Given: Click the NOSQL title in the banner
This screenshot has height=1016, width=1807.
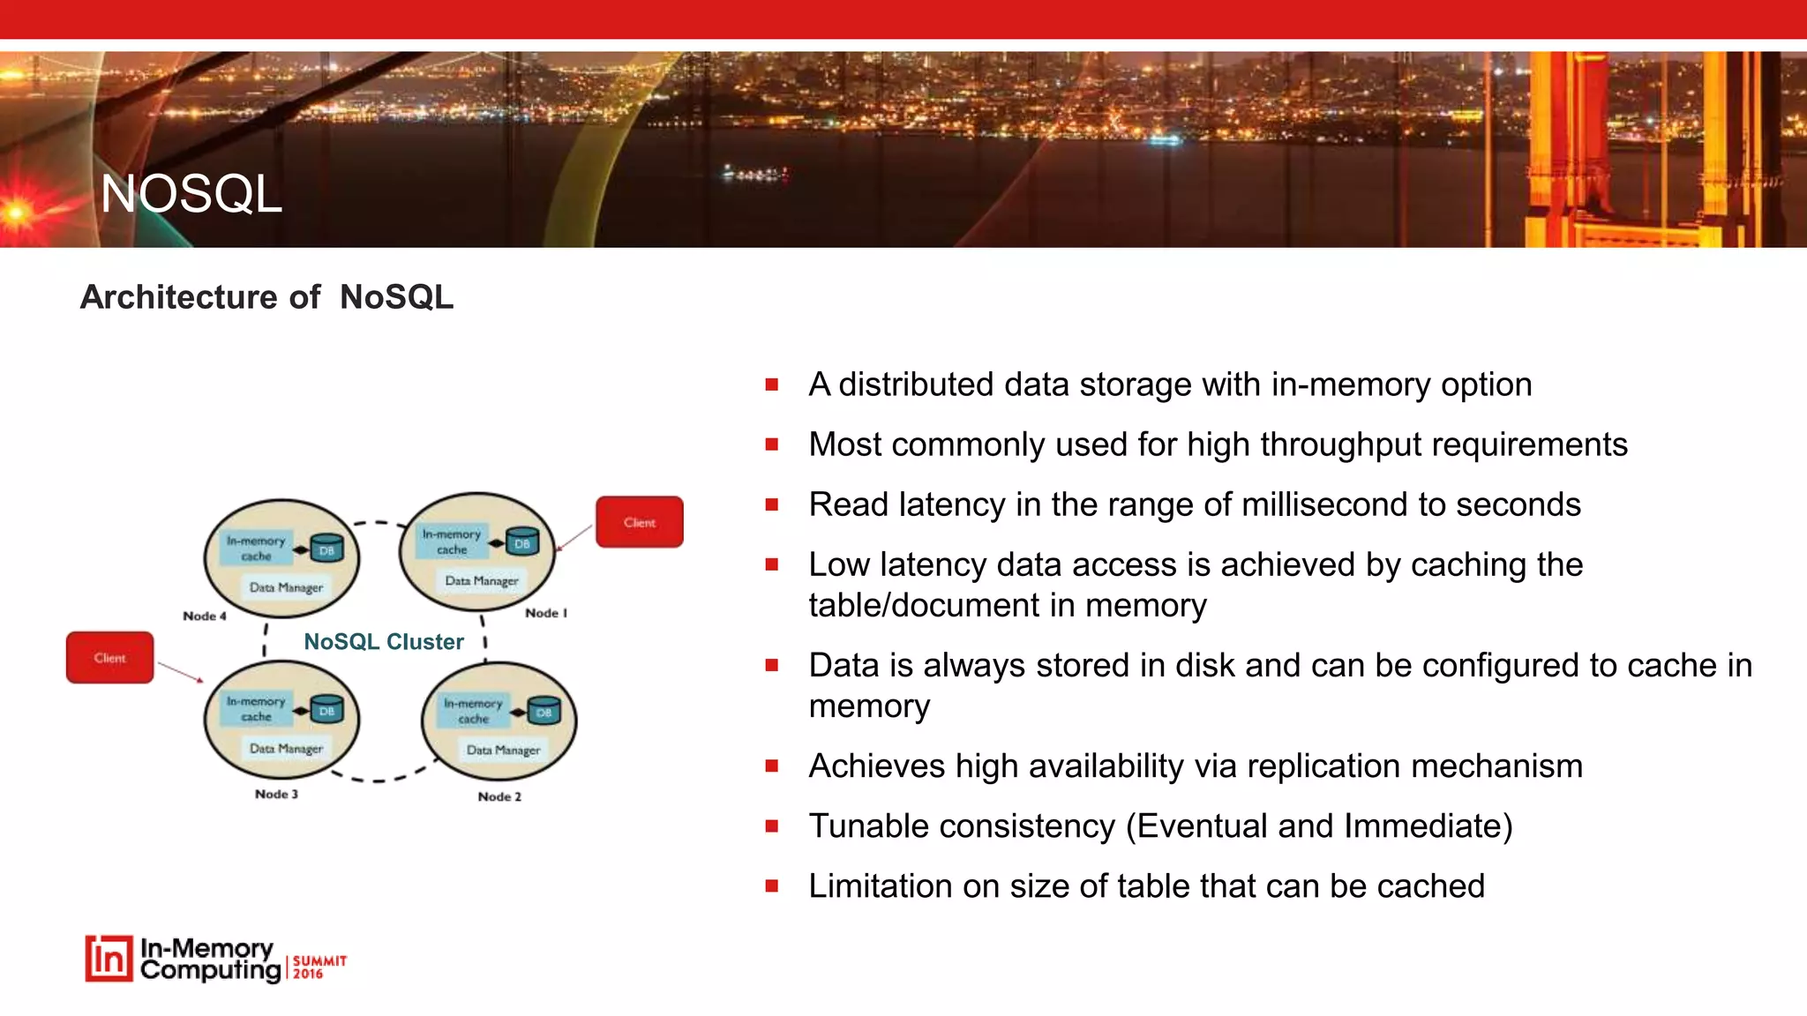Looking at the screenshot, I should point(191,194).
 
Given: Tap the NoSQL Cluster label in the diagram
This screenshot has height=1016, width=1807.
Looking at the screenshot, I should point(383,642).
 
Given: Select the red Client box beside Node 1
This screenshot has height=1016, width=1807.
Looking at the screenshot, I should point(639,522).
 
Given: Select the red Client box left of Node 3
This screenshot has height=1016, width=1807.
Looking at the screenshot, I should point(109,658).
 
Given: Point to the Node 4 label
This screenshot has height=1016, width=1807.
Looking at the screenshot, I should point(204,616).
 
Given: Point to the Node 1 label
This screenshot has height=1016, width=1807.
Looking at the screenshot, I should point(545,613).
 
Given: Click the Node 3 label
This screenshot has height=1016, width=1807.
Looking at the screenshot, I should point(276,795).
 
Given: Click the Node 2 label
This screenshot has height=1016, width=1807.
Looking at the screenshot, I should point(499,797).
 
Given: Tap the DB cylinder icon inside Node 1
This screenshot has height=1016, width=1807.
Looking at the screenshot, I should point(522,543).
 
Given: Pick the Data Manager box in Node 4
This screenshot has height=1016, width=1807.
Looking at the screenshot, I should point(286,587).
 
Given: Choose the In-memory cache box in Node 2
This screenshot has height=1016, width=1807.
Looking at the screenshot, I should point(474,711).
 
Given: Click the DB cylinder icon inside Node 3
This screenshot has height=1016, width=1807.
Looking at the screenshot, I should point(326,710).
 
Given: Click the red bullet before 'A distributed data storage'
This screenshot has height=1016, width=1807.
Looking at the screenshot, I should point(772,385).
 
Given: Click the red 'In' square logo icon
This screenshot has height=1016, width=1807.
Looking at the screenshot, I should point(109,959).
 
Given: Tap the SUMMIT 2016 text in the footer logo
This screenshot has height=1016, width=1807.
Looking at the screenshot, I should point(319,967).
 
